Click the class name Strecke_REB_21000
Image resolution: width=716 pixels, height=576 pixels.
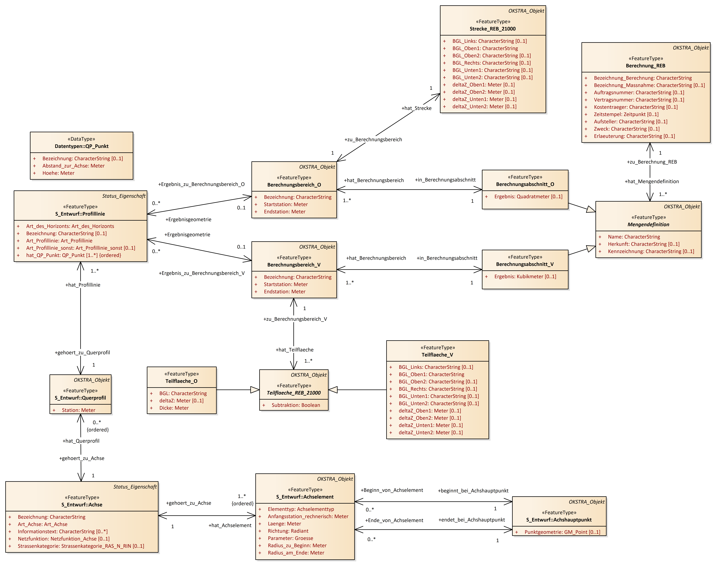pyautogui.click(x=493, y=29)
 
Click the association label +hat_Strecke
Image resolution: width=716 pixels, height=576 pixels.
pyautogui.click(x=416, y=108)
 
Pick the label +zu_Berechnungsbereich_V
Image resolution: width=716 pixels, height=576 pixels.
pyautogui.click(x=295, y=319)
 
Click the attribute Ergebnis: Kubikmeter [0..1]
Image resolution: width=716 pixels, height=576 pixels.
pyautogui.click(x=525, y=277)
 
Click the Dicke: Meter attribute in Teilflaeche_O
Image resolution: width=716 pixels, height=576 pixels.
pyautogui.click(x=174, y=408)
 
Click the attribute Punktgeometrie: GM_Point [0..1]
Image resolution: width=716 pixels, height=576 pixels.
pyautogui.click(x=562, y=532)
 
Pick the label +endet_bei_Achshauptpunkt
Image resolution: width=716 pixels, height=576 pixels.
pyautogui.click(x=472, y=520)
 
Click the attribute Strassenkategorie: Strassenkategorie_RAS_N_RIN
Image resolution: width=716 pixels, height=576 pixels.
pyautogui.click(x=81, y=546)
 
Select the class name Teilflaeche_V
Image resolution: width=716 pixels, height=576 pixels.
pyautogui.click(x=437, y=355)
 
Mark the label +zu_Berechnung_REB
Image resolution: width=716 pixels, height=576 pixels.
pyautogui.click(x=652, y=162)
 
